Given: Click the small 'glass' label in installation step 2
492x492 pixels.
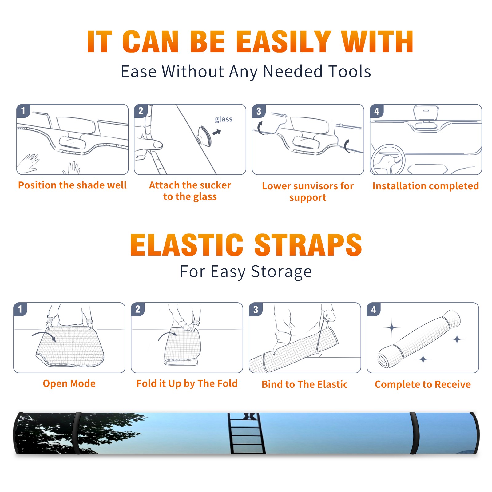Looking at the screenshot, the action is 224,119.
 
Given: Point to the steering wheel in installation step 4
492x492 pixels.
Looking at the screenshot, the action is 387,160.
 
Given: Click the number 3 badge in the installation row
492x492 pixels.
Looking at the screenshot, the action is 259,111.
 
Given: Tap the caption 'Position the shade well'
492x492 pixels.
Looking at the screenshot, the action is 72,185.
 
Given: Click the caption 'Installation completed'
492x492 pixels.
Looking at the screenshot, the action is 426,186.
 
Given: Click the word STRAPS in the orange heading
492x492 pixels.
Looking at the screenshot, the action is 308,245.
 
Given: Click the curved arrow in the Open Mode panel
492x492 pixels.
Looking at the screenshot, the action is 44,335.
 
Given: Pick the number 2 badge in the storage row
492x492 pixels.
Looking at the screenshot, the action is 138,309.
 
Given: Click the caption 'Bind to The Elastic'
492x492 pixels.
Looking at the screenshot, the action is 304,384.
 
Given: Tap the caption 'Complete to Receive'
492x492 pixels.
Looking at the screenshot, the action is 423,384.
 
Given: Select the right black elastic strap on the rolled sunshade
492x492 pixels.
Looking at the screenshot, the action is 415,433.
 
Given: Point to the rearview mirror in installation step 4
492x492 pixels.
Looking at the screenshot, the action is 426,113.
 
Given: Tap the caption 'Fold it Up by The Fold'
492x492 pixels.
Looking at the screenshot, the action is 187,384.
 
